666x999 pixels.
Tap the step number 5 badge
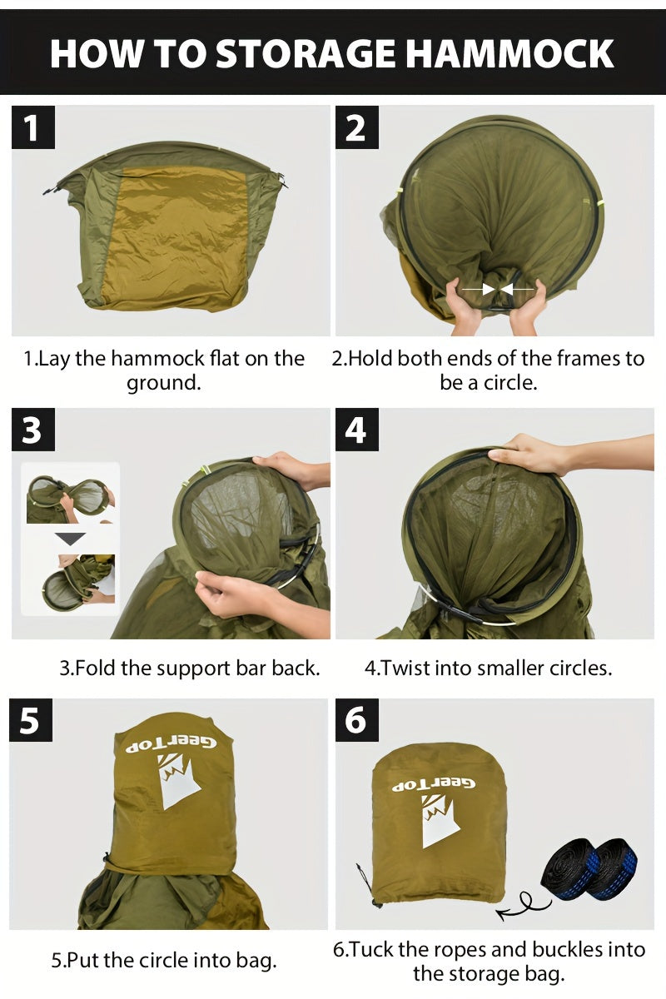[x=31, y=720]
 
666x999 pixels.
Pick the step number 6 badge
[x=356, y=720]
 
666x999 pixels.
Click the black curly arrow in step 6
[x=524, y=904]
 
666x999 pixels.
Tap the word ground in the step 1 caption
[x=163, y=384]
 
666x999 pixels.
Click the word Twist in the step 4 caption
[x=403, y=668]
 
